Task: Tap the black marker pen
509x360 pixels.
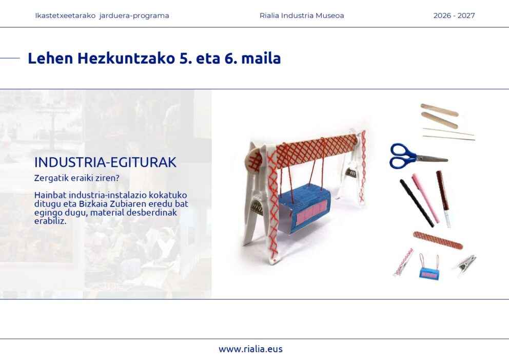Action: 417,203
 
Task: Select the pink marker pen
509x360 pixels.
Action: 425,198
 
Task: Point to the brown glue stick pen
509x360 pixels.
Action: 443,199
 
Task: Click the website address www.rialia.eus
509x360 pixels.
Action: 250,349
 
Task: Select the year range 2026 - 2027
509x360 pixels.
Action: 454,15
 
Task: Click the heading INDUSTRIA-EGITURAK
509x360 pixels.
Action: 105,162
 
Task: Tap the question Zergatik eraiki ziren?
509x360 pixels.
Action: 76,178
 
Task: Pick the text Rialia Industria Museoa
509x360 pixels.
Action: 302,15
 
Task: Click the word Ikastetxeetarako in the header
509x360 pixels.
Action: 65,15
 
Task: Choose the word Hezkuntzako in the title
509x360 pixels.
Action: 126,58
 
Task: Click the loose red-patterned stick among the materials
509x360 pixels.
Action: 438,240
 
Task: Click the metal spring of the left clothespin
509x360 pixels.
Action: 258,207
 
